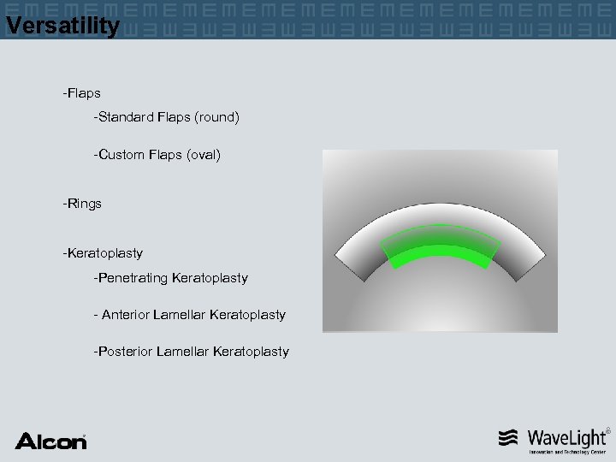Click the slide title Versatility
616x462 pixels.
point(62,26)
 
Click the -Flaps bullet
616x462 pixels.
point(81,92)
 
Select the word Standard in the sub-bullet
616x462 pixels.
point(126,116)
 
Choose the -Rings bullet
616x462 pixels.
point(82,204)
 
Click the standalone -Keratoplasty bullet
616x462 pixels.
point(103,253)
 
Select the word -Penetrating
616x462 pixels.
point(131,278)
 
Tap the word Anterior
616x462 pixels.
point(126,315)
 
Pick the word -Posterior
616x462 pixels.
point(123,352)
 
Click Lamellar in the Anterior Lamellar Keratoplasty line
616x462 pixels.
point(180,315)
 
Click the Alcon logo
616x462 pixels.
point(50,441)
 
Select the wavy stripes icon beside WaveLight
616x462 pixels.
point(508,438)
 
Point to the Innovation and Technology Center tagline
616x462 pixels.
point(567,452)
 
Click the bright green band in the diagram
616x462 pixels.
point(441,253)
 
